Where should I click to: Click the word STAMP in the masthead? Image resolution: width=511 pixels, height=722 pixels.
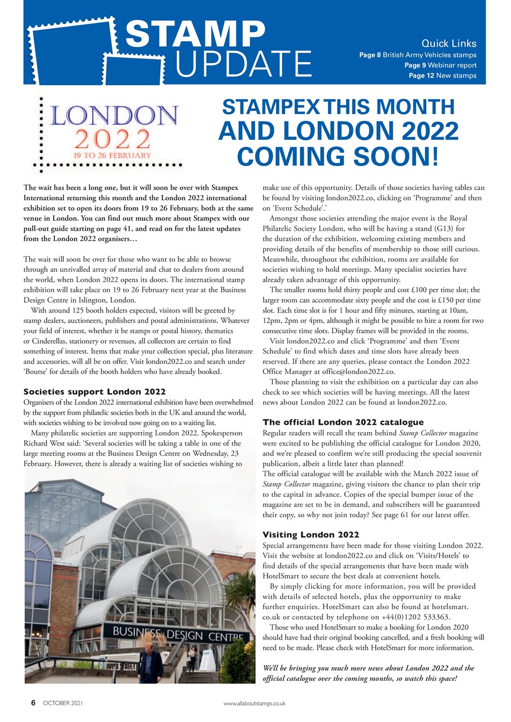(194, 35)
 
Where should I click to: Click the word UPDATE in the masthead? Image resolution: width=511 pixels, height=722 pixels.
(243, 65)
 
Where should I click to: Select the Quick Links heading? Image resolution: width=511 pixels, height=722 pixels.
(449, 43)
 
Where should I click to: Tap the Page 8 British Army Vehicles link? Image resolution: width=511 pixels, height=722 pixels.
(418, 55)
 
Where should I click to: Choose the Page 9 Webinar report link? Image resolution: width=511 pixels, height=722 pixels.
(440, 65)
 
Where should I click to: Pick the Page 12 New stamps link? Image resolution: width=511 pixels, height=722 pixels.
(442, 76)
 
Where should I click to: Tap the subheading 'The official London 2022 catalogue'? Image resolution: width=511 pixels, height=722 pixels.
(343, 422)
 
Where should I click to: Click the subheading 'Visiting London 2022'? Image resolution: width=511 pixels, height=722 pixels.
(311, 535)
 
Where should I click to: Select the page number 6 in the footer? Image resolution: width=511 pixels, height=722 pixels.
(33, 703)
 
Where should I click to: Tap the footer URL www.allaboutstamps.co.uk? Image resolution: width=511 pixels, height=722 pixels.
(255, 703)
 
